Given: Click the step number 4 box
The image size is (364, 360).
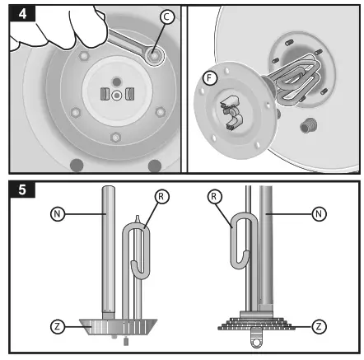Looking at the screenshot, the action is [x=22, y=13].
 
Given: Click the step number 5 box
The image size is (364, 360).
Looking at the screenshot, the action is [x=22, y=189].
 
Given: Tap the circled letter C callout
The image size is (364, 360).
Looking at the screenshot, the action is [x=167, y=17].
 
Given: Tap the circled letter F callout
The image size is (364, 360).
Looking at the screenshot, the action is [x=210, y=78].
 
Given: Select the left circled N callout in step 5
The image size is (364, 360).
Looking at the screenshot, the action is [x=58, y=213].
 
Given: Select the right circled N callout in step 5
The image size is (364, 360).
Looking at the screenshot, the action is [x=319, y=213].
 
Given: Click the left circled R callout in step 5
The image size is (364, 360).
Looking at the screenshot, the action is [x=161, y=197].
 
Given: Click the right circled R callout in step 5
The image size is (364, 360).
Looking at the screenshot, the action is [x=214, y=197].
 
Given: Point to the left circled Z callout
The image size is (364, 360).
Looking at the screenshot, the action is [x=58, y=326].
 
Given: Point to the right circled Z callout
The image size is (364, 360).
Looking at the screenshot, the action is [x=319, y=326].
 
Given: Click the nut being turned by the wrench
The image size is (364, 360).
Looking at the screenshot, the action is [x=154, y=56].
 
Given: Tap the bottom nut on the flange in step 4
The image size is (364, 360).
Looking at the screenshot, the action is [x=115, y=137].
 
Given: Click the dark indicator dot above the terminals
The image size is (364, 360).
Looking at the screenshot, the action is [x=117, y=82].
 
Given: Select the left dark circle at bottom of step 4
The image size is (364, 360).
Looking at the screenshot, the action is [x=77, y=165].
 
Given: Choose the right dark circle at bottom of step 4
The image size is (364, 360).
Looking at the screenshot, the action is [x=155, y=166].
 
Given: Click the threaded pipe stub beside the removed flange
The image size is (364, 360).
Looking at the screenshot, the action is [x=309, y=125].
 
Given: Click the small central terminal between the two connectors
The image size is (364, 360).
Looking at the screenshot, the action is [x=117, y=95].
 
